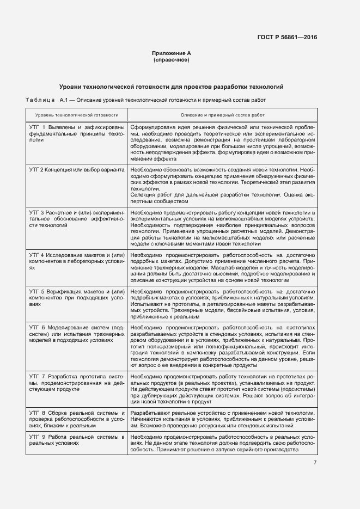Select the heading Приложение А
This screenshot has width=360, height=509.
pos(171,53)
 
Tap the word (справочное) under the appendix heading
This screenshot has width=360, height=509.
pos(171,60)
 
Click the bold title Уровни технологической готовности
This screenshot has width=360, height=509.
pos(171,87)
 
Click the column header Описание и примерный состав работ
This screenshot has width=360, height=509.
pos(222,115)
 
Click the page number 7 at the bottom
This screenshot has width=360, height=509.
pos(315,463)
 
